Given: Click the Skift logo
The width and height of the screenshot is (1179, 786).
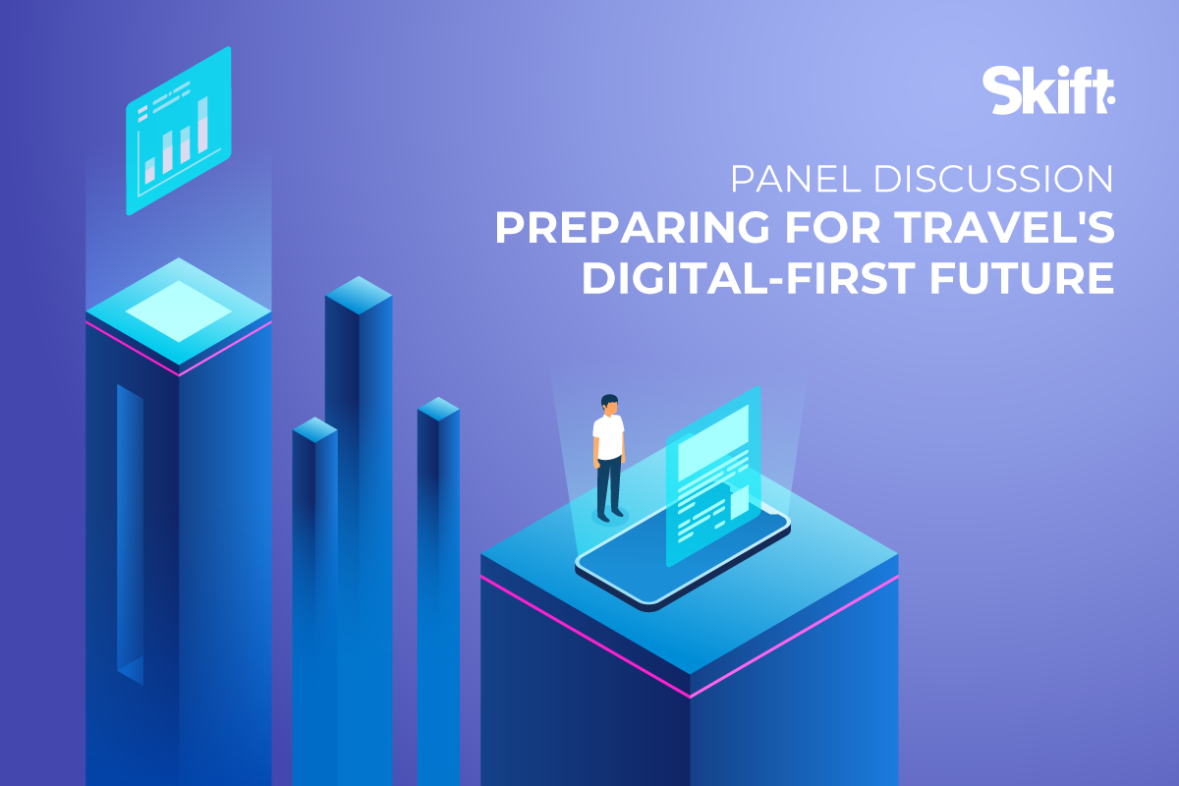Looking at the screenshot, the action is pyautogui.click(x=1048, y=90).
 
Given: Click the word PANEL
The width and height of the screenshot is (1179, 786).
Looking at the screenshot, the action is pyautogui.click(x=797, y=179).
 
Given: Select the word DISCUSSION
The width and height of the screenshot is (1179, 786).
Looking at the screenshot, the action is pyautogui.click(x=993, y=179).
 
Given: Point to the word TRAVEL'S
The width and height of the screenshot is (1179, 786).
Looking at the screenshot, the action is pyautogui.click(x=1004, y=227).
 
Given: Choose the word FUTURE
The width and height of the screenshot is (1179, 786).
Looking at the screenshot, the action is pyautogui.click(x=1022, y=277).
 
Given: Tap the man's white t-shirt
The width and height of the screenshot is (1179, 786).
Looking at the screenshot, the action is pyautogui.click(x=608, y=436).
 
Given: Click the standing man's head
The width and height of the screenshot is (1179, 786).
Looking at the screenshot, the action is pyautogui.click(x=609, y=405).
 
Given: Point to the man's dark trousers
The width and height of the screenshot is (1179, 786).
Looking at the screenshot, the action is pyautogui.click(x=609, y=486).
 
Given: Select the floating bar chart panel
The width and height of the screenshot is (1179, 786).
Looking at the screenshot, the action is pyautogui.click(x=179, y=131).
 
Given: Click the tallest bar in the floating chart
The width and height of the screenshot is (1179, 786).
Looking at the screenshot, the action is pyautogui.click(x=202, y=126).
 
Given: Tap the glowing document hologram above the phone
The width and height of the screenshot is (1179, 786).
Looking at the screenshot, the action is pyautogui.click(x=713, y=477).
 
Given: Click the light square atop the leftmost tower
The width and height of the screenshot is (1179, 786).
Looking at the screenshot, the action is pyautogui.click(x=179, y=311).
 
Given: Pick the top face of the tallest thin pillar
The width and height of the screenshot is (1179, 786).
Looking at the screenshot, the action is pyautogui.click(x=359, y=295).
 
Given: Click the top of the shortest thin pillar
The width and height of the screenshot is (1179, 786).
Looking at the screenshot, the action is pyautogui.click(x=314, y=429).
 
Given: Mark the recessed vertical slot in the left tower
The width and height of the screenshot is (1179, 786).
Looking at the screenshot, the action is pyautogui.click(x=130, y=534).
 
